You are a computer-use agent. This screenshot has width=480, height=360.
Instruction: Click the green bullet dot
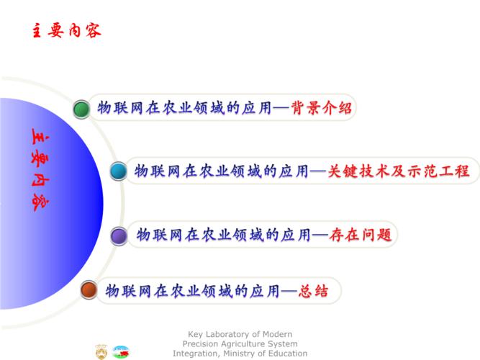(81, 109)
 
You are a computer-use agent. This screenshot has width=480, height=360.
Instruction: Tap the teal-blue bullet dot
(119, 171)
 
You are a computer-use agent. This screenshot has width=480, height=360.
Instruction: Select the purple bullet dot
(119, 236)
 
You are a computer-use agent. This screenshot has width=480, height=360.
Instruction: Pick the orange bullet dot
(89, 290)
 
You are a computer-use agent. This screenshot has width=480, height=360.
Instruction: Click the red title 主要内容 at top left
(66, 31)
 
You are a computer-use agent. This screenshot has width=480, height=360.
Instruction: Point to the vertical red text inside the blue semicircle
(40, 170)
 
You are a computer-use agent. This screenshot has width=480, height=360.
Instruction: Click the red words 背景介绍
(321, 108)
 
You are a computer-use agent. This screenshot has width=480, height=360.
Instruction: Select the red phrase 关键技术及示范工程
(398, 171)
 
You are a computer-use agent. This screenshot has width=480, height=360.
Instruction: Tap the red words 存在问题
(361, 235)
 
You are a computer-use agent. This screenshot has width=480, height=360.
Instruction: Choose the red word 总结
(313, 291)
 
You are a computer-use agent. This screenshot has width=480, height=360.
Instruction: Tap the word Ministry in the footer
(238, 354)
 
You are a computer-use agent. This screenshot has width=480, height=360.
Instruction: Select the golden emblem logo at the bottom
(101, 352)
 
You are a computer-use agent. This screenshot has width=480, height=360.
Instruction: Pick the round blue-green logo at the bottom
(121, 352)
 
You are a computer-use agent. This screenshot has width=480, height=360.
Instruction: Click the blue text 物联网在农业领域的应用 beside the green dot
(184, 108)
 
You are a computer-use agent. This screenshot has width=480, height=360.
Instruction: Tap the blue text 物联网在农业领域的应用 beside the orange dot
(192, 291)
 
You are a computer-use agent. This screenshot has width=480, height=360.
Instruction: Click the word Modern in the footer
(277, 334)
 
